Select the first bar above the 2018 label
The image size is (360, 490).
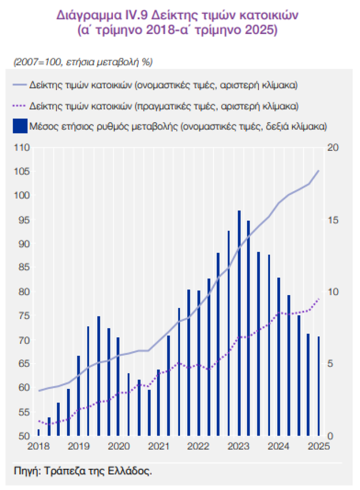(38, 432)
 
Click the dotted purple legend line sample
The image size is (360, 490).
(20, 106)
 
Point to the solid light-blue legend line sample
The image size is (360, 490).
(20, 86)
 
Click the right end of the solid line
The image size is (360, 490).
(319, 171)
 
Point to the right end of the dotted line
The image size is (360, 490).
(319, 299)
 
